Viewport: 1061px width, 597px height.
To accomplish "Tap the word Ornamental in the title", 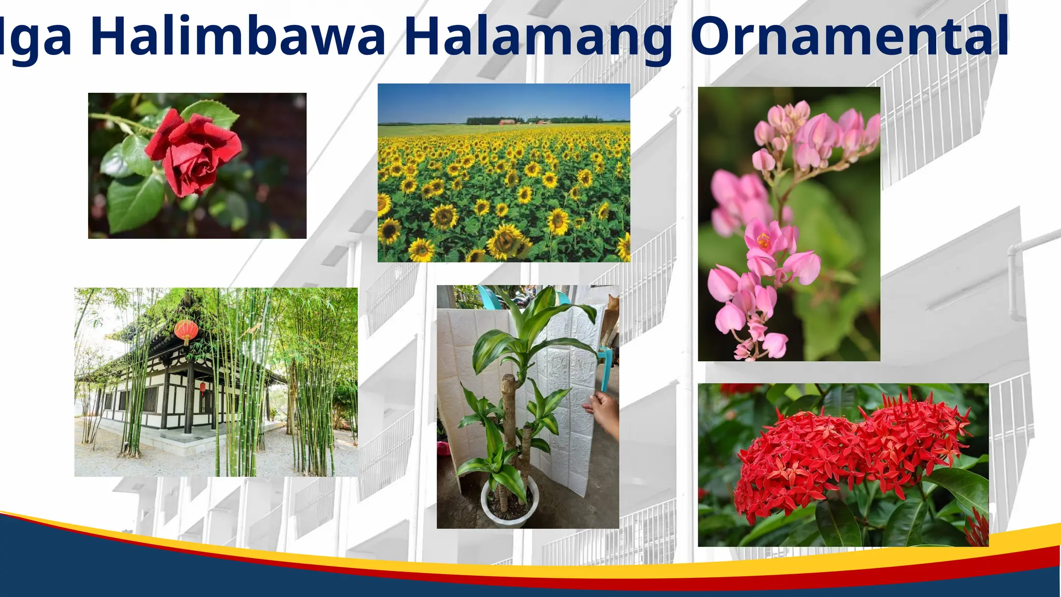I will tap(850, 36).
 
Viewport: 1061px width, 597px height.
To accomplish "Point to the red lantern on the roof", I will tap(186, 330).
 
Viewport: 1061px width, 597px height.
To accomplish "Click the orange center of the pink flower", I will tap(763, 240).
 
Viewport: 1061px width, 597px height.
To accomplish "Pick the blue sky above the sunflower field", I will tap(503, 101).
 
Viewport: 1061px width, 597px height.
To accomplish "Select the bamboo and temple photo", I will tap(216, 382).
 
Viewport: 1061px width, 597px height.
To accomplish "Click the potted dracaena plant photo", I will tap(527, 407).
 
